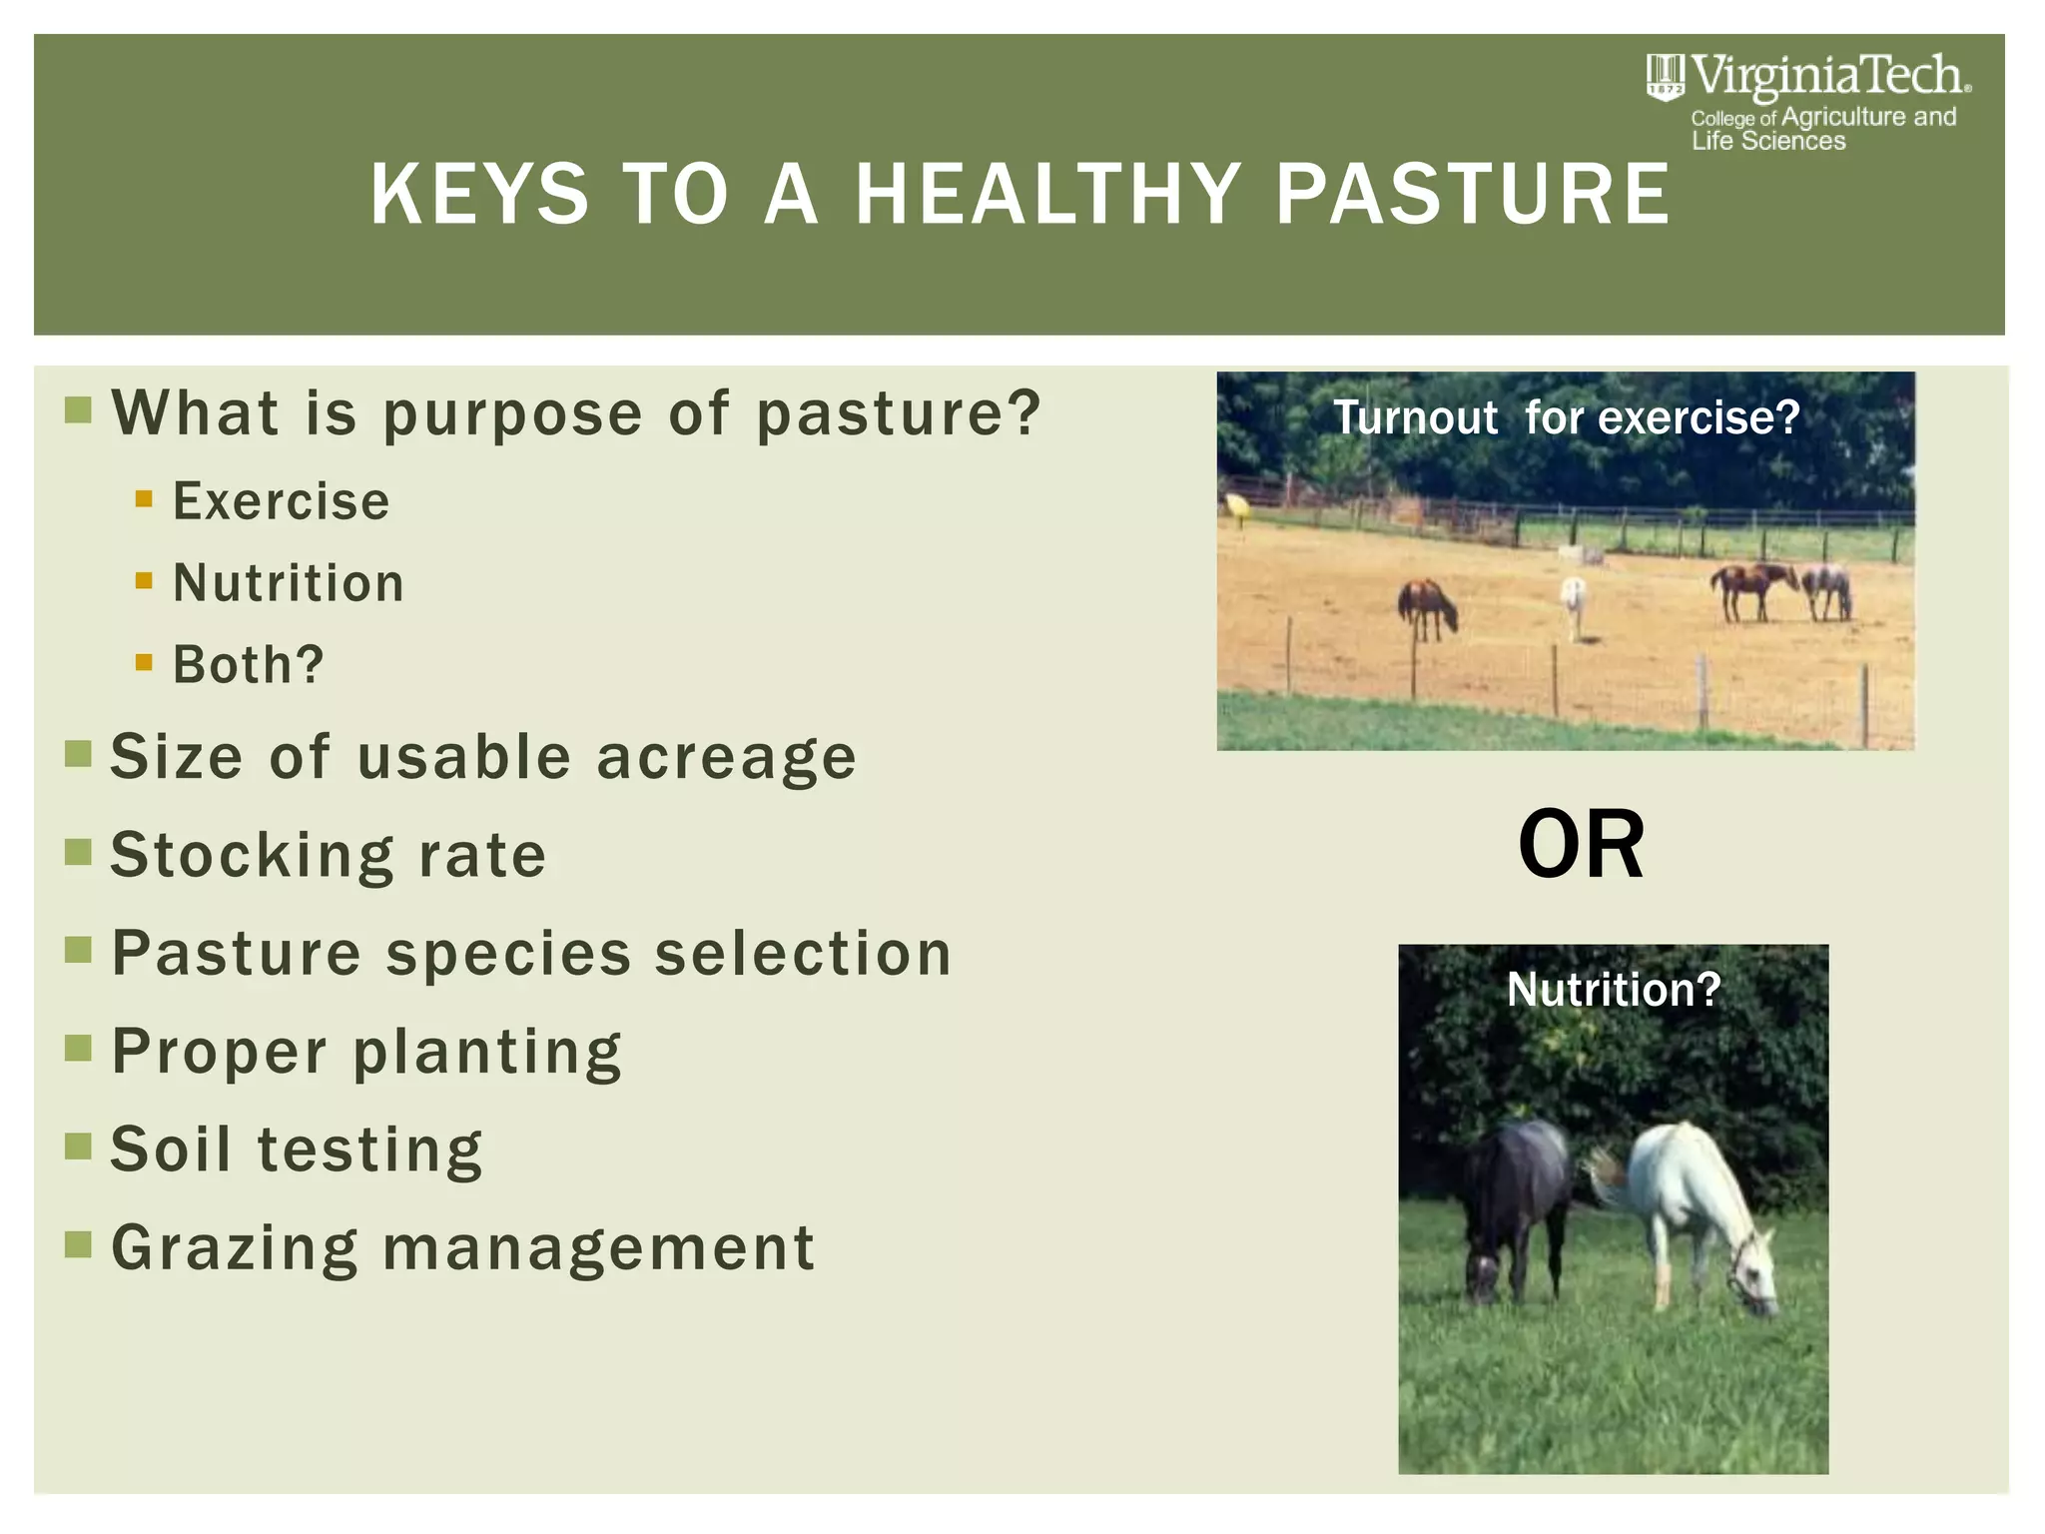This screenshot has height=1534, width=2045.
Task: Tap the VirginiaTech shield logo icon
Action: [x=1665, y=77]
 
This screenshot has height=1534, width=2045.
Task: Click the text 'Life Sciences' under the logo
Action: [x=1767, y=142]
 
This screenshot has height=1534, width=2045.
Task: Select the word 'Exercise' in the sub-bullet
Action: [x=281, y=501]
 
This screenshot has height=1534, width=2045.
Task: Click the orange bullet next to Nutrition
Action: [x=144, y=580]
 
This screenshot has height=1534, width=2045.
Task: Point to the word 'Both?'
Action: [x=249, y=665]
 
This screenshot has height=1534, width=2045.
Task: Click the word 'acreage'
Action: [x=726, y=757]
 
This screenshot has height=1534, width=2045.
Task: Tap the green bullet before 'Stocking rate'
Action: [x=78, y=852]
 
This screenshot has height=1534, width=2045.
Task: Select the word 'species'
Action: [x=509, y=953]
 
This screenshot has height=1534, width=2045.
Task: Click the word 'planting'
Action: [x=487, y=1053]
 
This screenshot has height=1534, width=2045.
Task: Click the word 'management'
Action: [x=599, y=1248]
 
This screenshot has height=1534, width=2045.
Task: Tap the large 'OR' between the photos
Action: [x=1581, y=845]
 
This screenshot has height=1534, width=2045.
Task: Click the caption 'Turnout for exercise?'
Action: [x=1566, y=417]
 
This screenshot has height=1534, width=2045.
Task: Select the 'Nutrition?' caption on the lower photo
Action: [x=1614, y=990]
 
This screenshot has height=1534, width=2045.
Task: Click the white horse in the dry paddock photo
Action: [x=1574, y=603]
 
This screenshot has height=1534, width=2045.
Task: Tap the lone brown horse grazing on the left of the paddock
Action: [x=1426, y=607]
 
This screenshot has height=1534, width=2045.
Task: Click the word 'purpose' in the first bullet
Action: [x=512, y=413]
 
